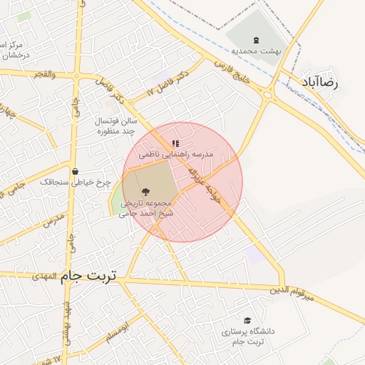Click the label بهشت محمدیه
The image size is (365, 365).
point(256,51)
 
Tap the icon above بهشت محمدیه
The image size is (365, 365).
point(256,39)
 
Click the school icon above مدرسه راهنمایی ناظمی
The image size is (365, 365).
point(175,143)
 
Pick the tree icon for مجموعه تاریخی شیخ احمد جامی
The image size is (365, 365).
point(146,191)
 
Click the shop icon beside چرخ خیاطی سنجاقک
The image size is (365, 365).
point(75,171)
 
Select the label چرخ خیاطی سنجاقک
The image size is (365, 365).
point(75,182)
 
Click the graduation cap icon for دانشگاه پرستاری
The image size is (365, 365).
point(247,321)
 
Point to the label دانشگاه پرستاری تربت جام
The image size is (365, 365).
point(247,336)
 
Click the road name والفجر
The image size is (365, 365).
point(43,74)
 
